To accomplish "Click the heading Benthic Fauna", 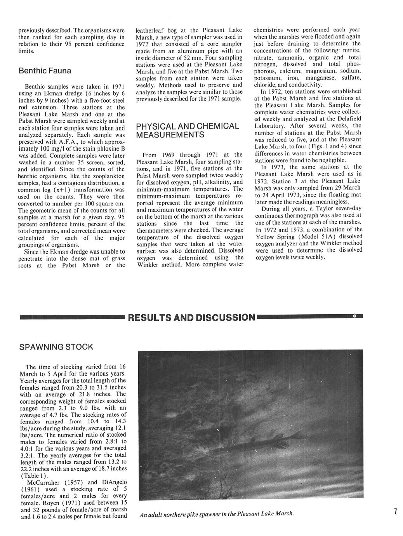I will [45, 71].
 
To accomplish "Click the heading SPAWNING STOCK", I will [56, 347].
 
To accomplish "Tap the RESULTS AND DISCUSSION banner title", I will [191, 318].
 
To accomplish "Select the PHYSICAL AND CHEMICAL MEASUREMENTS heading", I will [188, 131].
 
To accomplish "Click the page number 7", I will [394, 512].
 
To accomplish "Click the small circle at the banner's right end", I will [354, 317].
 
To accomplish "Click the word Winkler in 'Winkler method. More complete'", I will [149, 265].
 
